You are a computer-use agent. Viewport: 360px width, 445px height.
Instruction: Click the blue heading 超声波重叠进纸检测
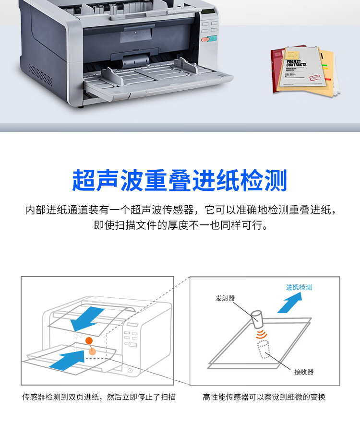[x=180, y=181]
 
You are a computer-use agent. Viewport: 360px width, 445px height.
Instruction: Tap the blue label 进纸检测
[x=299, y=287]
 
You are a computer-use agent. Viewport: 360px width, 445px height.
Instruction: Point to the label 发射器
[x=225, y=298]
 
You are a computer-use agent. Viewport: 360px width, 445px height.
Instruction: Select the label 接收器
[x=304, y=372]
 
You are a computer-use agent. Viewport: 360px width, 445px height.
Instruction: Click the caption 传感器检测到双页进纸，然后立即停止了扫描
[x=99, y=397]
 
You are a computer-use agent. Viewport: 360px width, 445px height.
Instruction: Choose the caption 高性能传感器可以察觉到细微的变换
[x=264, y=397]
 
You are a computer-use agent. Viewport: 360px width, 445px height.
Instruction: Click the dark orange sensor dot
[x=89, y=340]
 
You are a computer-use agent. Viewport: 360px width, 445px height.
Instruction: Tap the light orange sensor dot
[x=93, y=351]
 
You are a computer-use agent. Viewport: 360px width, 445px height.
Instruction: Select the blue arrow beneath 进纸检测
[x=289, y=303]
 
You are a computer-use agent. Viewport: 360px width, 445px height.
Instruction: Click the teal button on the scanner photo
[x=213, y=39]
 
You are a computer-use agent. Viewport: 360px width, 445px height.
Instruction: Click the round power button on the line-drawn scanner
[x=131, y=370]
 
